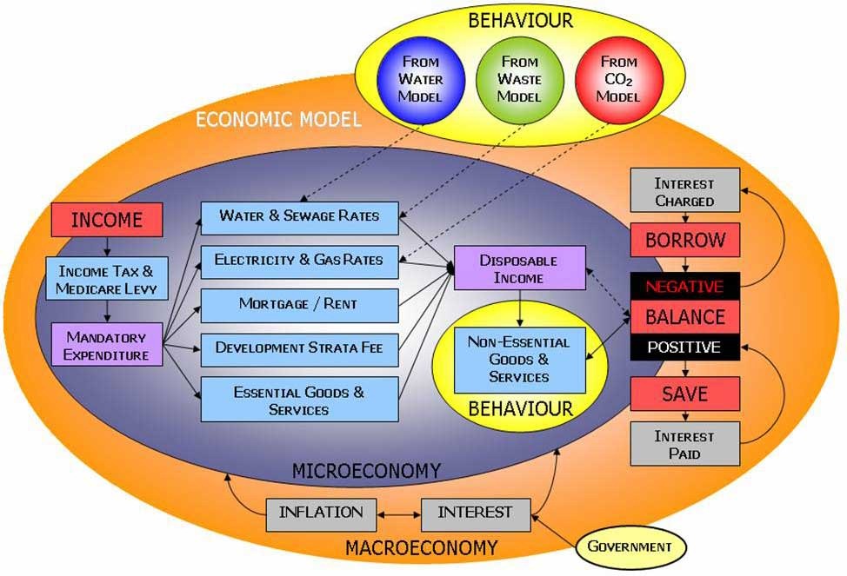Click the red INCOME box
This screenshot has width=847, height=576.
click(106, 220)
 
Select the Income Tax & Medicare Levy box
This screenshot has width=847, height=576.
click(106, 279)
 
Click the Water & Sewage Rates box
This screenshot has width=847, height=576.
click(299, 215)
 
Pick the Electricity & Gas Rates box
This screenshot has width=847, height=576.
click(299, 259)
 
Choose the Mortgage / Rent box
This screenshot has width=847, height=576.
click(299, 305)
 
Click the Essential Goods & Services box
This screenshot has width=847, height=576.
click(299, 400)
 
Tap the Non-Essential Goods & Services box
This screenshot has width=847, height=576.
click(519, 360)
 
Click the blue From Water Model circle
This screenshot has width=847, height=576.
click(421, 79)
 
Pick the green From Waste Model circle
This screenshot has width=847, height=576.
click(519, 79)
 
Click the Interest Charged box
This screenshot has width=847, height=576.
click(684, 191)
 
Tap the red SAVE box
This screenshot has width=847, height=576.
click(684, 394)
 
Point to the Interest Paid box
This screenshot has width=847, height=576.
click(684, 444)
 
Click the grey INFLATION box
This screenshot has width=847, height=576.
click(320, 512)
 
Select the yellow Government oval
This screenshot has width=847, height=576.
click(630, 546)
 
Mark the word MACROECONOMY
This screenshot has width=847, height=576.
click(422, 548)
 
